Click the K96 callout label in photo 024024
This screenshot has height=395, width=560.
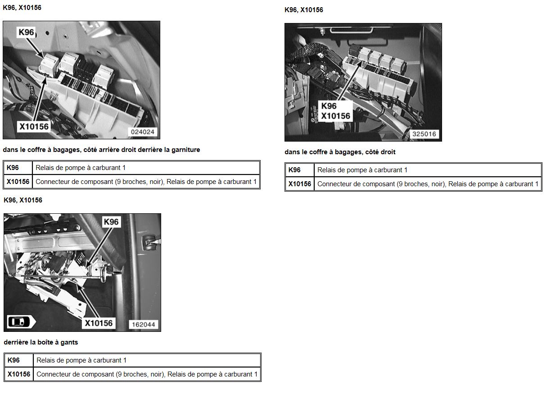(26, 32)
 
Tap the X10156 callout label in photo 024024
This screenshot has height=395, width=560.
(34, 127)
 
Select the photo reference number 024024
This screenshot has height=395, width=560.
(143, 132)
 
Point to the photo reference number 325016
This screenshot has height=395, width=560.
(424, 134)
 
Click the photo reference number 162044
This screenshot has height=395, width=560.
(144, 325)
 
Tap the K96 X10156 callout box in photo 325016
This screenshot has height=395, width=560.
(335, 111)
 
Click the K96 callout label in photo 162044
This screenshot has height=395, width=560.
(111, 222)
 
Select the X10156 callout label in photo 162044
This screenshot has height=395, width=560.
(99, 323)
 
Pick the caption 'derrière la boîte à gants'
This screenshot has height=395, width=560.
(41, 342)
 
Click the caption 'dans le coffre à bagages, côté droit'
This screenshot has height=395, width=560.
(340, 152)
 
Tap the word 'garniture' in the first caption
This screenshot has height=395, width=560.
(186, 150)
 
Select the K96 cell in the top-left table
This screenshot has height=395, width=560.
(18, 168)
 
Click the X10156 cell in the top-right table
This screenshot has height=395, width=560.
(299, 184)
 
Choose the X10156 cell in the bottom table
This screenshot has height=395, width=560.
(19, 374)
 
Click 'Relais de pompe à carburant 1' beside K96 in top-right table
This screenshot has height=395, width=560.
(362, 170)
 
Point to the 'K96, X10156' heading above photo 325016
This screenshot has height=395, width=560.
(304, 10)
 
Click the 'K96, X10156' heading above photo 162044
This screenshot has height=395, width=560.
(23, 200)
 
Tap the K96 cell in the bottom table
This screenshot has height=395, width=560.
(19, 360)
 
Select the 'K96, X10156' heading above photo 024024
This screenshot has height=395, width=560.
(22, 8)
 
